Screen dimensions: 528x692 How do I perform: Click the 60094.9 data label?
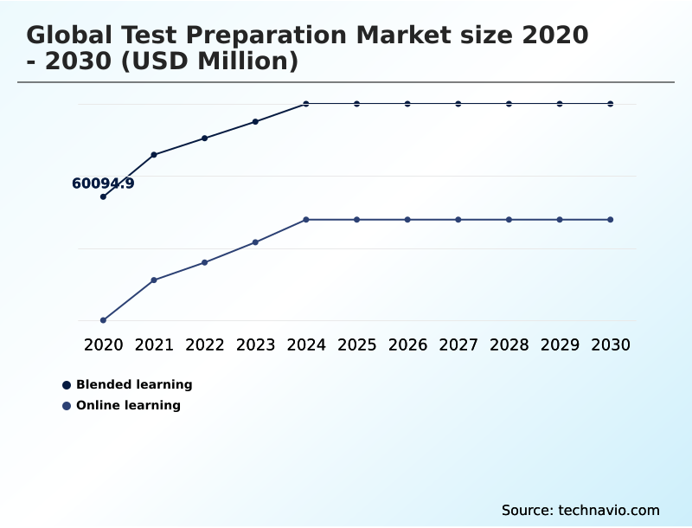point(103,184)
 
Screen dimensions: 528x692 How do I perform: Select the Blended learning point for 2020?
point(103,196)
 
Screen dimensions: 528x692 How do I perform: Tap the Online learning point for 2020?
point(103,320)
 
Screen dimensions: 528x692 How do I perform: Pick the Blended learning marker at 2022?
point(205,138)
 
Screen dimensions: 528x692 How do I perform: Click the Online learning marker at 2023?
point(255,242)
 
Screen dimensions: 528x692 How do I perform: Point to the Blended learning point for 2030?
point(610,104)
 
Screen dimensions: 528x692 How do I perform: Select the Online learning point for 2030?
point(610,220)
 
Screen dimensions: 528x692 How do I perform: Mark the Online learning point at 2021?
point(154,280)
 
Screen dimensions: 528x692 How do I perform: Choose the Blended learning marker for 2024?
point(306,104)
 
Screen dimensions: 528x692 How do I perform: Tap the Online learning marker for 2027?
point(458,220)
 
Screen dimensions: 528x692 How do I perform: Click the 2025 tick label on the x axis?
point(356,344)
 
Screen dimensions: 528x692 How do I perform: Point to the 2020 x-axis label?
point(103,344)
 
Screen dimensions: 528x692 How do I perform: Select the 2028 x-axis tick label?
point(509,344)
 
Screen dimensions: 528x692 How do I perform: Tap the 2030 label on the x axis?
point(610,344)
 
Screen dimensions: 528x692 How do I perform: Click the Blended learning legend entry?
point(133,384)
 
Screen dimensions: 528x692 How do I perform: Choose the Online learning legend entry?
point(128,405)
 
